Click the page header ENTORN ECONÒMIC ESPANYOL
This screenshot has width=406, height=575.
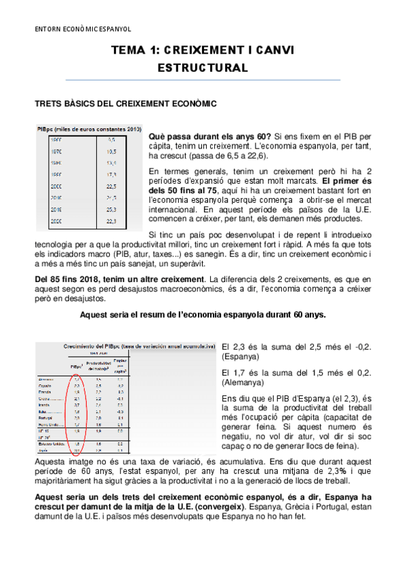pyautogui.click(x=83, y=29)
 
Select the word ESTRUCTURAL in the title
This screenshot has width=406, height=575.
pyautogui.click(x=202, y=68)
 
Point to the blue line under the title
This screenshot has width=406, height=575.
pyautogui.click(x=202, y=80)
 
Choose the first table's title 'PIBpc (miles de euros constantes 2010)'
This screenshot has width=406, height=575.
pyautogui.click(x=89, y=129)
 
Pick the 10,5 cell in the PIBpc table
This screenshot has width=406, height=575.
pyautogui.click(x=112, y=151)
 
